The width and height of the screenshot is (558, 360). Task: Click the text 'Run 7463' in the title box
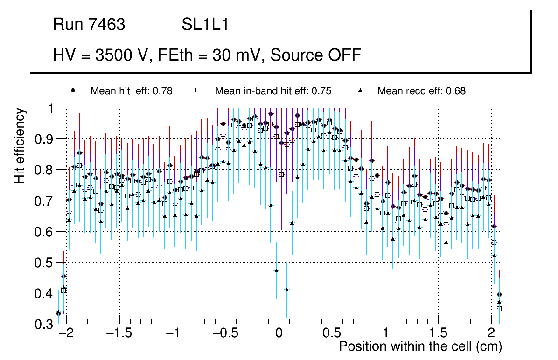click(x=89, y=25)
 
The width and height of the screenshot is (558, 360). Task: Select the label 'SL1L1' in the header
click(x=205, y=25)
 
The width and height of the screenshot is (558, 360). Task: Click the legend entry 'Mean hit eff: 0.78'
click(x=131, y=91)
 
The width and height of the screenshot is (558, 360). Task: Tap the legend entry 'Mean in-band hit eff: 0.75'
click(x=273, y=91)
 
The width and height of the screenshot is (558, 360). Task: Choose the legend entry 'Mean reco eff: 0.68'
click(x=421, y=91)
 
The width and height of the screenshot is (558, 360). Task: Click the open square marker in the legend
click(x=197, y=91)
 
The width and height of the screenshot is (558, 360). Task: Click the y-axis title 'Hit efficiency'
click(x=20, y=145)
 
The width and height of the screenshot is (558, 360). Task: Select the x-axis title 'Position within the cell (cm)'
click(x=420, y=346)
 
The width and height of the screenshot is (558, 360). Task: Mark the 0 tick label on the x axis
click(x=279, y=334)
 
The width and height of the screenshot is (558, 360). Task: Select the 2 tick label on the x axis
click(x=491, y=334)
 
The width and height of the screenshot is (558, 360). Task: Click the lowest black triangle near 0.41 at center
click(x=287, y=290)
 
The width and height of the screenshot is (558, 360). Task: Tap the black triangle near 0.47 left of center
click(x=276, y=270)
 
